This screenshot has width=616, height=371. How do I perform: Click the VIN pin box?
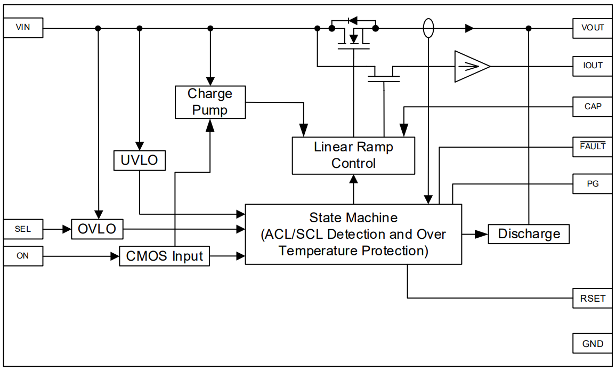coord(23,28)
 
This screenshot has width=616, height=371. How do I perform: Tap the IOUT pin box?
coord(593,66)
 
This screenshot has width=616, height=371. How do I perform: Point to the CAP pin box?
coord(593,107)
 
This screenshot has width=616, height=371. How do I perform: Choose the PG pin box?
coord(593,184)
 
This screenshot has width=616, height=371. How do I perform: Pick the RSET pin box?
coord(593,298)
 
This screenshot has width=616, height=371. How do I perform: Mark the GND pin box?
coord(593,344)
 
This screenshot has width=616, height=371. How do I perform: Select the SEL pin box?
coord(23,229)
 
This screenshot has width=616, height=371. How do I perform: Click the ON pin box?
coord(23,256)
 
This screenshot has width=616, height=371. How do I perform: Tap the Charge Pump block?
coord(210,102)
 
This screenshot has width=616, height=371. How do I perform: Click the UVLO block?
coord(139,160)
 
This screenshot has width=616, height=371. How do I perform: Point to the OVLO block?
coord(97,229)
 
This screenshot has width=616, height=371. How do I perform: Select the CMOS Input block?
coord(164,256)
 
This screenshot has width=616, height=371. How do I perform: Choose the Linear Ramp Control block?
coord(353,155)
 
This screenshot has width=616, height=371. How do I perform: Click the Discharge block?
coord(529,234)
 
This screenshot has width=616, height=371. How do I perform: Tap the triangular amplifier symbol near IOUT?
coord(471,67)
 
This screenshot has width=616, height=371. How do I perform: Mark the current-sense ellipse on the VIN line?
coord(428,28)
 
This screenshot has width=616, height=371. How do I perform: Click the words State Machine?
coord(353,217)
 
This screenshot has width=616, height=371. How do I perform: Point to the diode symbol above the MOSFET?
coord(353,21)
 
